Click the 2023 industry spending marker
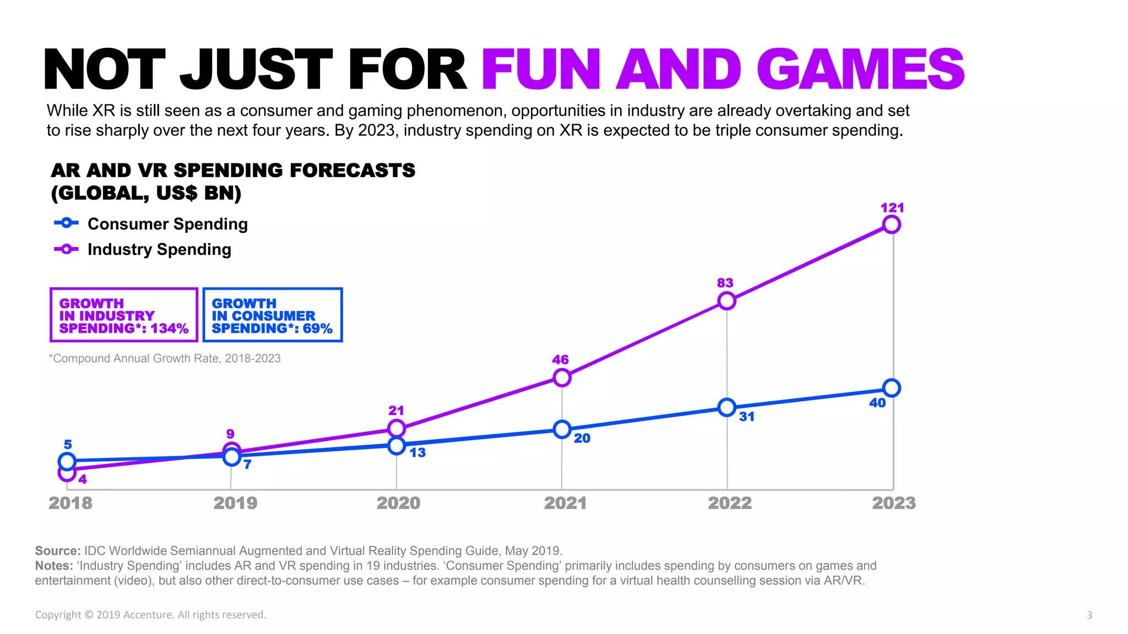(891, 225)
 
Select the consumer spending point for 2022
(727, 408)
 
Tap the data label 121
(892, 208)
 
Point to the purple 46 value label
(560, 360)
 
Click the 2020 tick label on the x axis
(398, 503)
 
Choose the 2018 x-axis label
(70, 503)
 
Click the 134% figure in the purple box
(170, 329)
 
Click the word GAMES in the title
(860, 69)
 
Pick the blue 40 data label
(877, 403)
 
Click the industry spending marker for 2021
(562, 378)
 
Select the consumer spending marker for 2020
(397, 446)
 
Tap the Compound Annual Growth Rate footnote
(165, 358)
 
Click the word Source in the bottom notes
(57, 551)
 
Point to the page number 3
(1089, 615)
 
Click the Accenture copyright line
(150, 615)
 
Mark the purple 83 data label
(725, 283)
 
